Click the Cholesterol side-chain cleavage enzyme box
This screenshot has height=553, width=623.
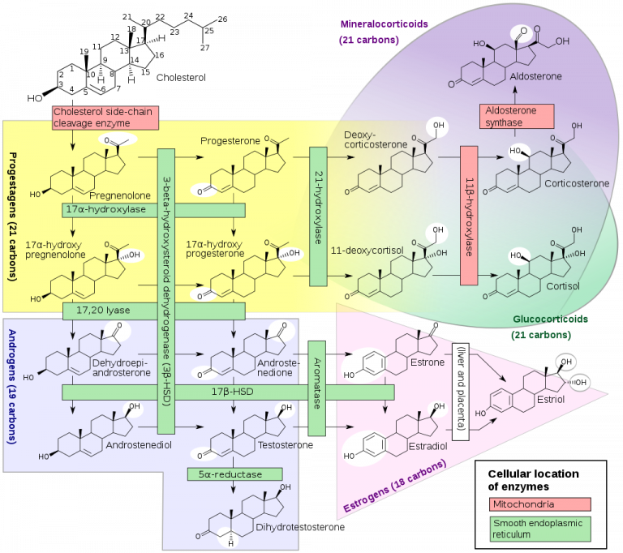tap(104, 118)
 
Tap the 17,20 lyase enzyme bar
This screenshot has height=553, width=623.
tap(153, 311)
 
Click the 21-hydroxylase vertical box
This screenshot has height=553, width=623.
tap(318, 216)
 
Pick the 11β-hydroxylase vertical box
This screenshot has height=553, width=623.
tap(470, 216)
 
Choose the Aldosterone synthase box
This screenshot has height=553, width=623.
tap(518, 116)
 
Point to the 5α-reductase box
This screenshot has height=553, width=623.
tap(234, 474)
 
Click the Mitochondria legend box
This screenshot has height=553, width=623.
tap(540, 504)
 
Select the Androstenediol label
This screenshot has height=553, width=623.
tap(135, 446)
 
